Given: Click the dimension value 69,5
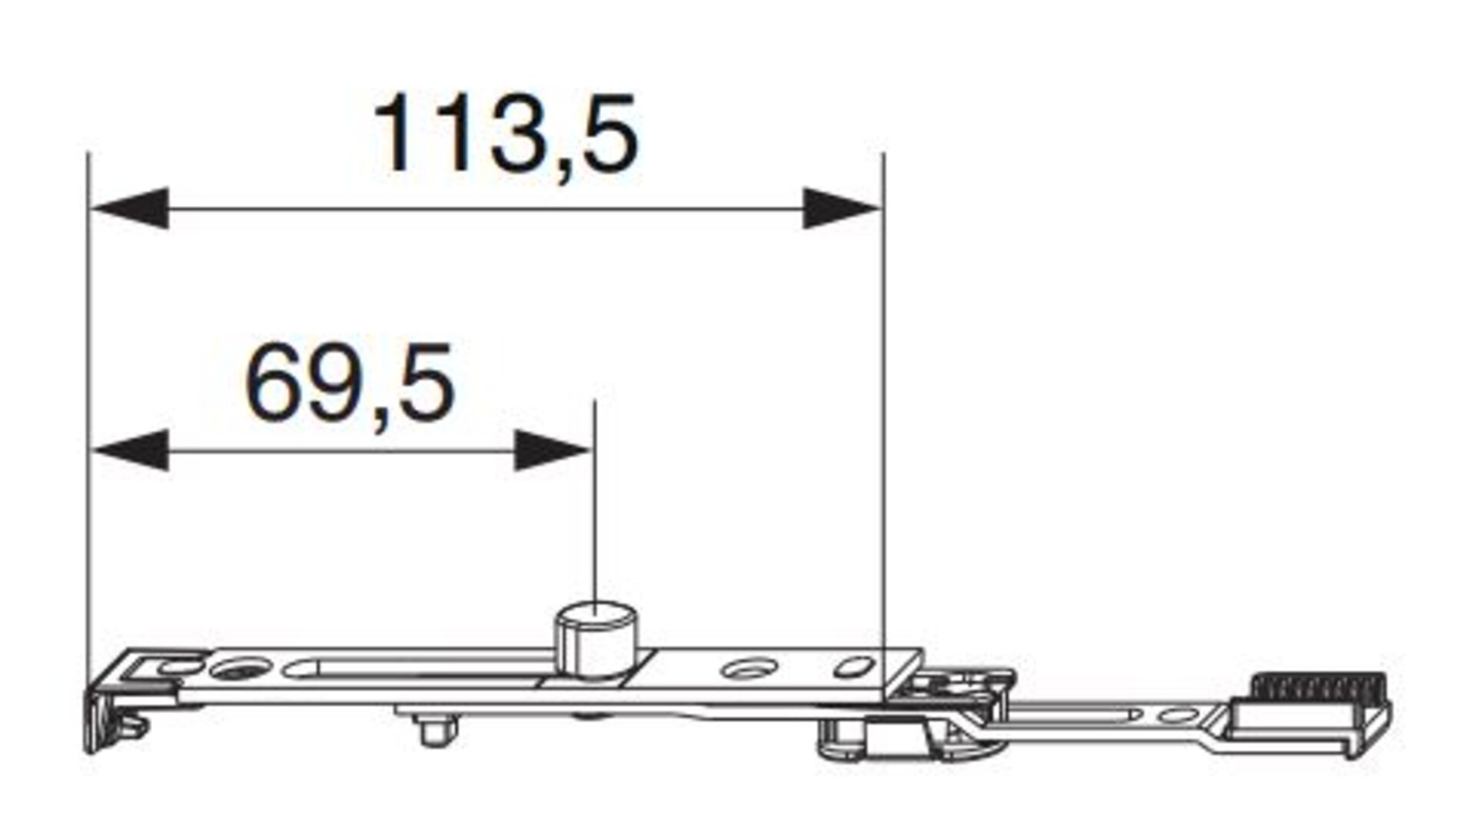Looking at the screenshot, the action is click(x=351, y=384).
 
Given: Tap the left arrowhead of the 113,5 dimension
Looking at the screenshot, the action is click(x=129, y=208).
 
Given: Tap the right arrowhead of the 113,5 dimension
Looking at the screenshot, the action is click(x=843, y=208).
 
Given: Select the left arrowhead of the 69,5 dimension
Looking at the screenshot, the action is click(x=129, y=450).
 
